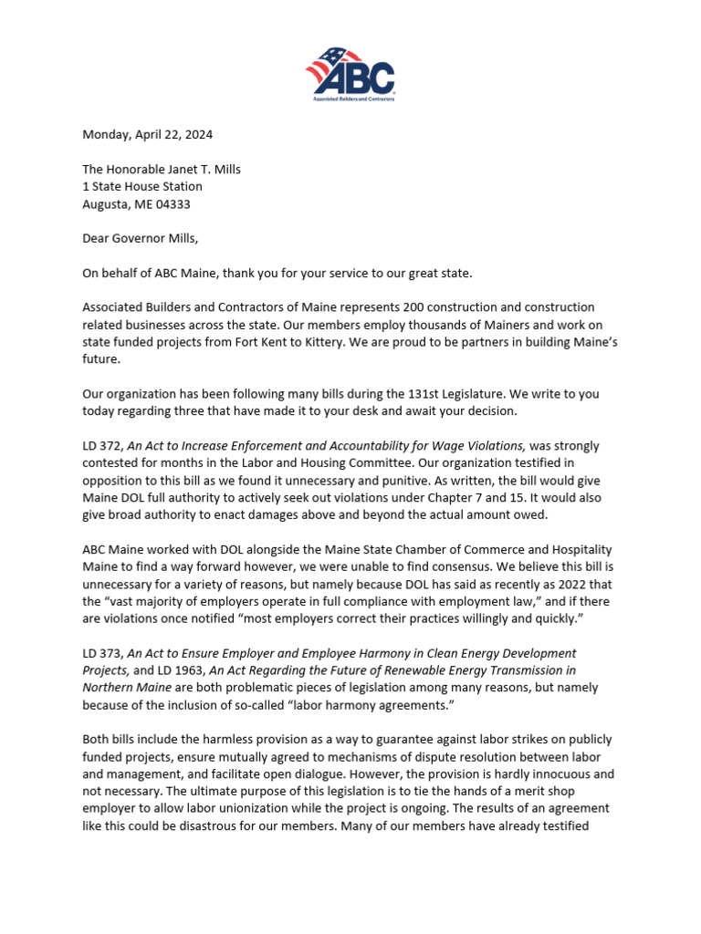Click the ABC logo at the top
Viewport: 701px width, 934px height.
[350, 72]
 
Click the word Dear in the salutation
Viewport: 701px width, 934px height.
[98, 239]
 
